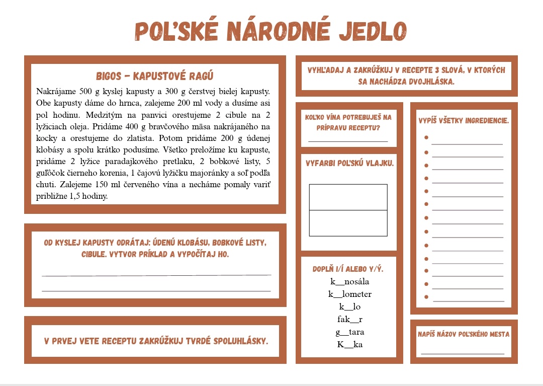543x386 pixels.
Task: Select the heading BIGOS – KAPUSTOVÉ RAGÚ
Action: point(155,76)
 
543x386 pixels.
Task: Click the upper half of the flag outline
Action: point(348,197)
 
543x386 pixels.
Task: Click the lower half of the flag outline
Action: point(348,223)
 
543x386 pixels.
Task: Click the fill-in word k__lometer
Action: point(350,294)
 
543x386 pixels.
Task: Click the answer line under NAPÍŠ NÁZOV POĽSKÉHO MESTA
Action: point(463,354)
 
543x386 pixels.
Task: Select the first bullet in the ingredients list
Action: point(426,137)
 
